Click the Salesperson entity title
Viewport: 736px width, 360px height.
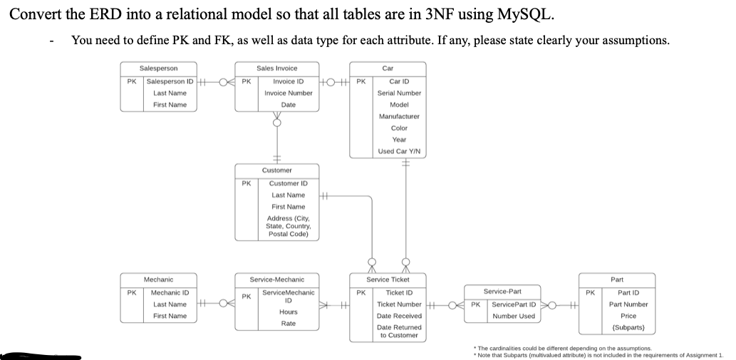pyautogui.click(x=159, y=68)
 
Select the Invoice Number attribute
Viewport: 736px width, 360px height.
pyautogui.click(x=288, y=93)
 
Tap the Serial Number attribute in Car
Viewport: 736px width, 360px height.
pyautogui.click(x=399, y=93)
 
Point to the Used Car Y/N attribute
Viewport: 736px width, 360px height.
pyautogui.click(x=399, y=151)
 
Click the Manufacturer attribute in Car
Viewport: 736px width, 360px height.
pyautogui.click(x=399, y=115)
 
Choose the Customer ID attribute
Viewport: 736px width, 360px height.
pyautogui.click(x=288, y=183)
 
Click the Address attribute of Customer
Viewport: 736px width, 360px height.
pyautogui.click(x=288, y=226)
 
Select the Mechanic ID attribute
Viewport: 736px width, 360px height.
pyautogui.click(x=170, y=292)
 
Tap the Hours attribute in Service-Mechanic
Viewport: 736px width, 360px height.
pyautogui.click(x=288, y=312)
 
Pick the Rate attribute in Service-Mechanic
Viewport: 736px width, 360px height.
pyautogui.click(x=288, y=324)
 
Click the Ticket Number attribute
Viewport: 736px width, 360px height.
pyautogui.click(x=398, y=304)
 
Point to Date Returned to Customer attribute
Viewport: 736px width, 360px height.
pyautogui.click(x=398, y=331)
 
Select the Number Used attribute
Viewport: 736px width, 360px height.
pyautogui.click(x=514, y=316)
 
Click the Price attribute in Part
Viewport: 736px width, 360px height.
pyautogui.click(x=628, y=316)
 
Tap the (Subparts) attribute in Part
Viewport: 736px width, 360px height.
pyautogui.click(x=628, y=328)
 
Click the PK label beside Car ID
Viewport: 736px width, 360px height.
pyautogui.click(x=361, y=81)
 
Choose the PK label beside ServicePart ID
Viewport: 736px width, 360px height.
pyautogui.click(x=475, y=304)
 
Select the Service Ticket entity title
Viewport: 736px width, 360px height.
pyautogui.click(x=388, y=279)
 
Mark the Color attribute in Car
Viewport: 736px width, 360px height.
pyautogui.click(x=399, y=128)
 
